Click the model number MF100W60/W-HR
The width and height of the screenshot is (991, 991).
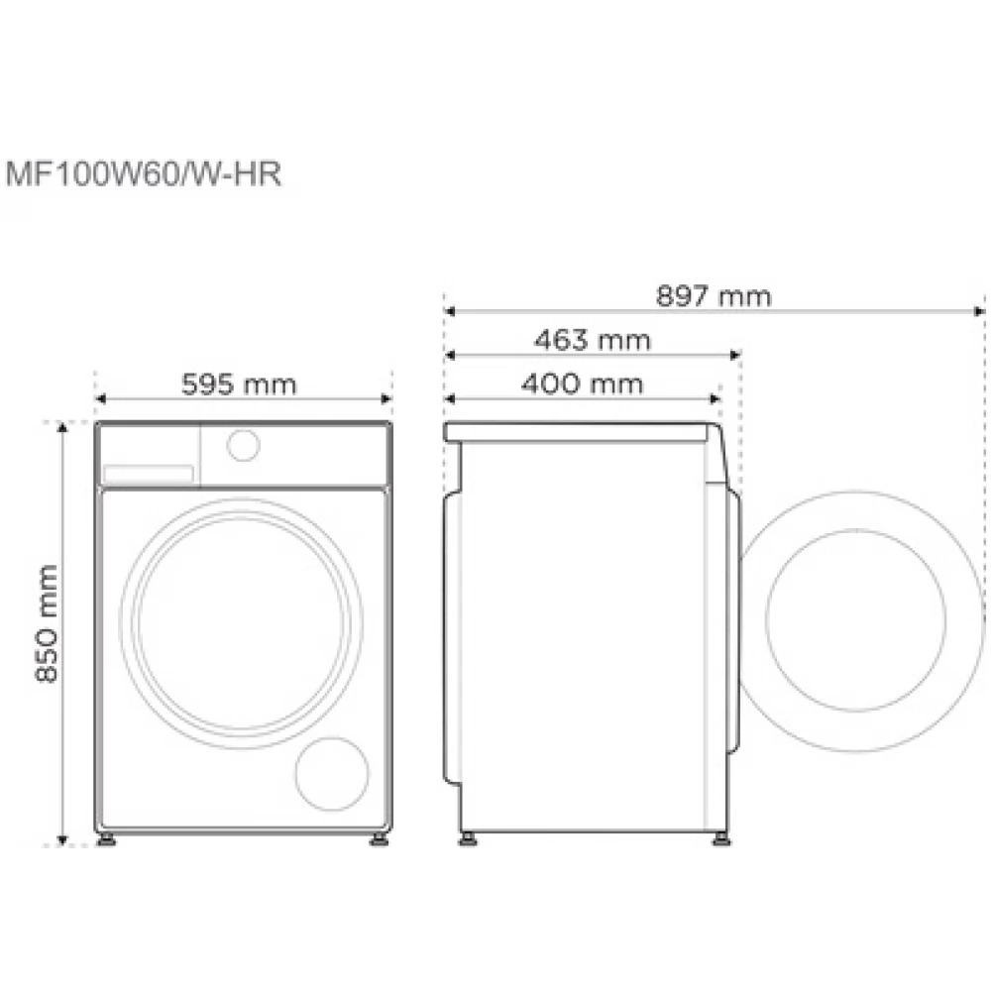pyautogui.click(x=144, y=173)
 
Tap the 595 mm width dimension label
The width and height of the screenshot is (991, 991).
pyautogui.click(x=239, y=385)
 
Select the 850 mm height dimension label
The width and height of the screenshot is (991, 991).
pyautogui.click(x=48, y=623)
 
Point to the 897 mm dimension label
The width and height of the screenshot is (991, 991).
pyautogui.click(x=714, y=295)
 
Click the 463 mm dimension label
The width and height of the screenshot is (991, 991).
pyautogui.click(x=593, y=340)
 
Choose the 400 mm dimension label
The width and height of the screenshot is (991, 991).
pyautogui.click(x=582, y=384)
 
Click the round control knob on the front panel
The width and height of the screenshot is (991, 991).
pyautogui.click(x=244, y=446)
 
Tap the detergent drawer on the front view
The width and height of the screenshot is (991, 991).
pyautogui.click(x=149, y=474)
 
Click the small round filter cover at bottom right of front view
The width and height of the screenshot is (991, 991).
pyautogui.click(x=332, y=774)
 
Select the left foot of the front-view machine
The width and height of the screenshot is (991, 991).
pyautogui.click(x=106, y=840)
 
